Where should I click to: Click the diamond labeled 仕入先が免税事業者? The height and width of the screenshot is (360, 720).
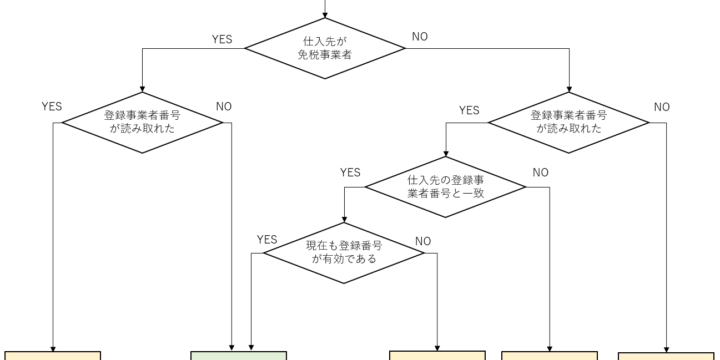(x=326, y=49)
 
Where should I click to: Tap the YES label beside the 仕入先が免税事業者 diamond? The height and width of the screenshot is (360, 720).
(x=222, y=39)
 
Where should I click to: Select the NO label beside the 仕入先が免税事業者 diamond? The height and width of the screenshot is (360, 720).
(x=421, y=39)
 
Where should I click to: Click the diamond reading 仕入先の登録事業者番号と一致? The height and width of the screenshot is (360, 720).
(x=445, y=186)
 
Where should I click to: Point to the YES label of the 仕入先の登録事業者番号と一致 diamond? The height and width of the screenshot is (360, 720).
(x=350, y=172)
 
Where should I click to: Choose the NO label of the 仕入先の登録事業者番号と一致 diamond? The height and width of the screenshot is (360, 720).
(x=540, y=172)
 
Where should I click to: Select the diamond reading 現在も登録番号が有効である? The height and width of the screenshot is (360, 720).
(x=344, y=251)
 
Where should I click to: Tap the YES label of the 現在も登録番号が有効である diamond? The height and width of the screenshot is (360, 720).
(x=267, y=239)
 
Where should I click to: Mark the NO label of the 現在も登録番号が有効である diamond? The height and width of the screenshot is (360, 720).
(x=423, y=240)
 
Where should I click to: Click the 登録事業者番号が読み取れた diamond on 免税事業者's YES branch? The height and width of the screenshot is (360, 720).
(x=142, y=122)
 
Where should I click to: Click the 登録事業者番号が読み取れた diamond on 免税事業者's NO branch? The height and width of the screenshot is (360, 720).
(x=568, y=122)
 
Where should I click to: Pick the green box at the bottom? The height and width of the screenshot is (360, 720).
(x=239, y=355)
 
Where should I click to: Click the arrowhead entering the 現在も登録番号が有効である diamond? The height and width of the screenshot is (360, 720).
(x=344, y=219)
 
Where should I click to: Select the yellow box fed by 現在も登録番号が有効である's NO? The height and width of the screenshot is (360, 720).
(x=437, y=355)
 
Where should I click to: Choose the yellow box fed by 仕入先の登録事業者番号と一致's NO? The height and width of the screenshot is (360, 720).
(x=549, y=355)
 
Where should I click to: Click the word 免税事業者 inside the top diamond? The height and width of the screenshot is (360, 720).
(x=326, y=57)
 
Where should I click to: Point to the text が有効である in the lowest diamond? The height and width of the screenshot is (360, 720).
(x=344, y=258)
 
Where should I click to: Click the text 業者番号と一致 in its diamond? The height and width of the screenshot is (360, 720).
(x=445, y=193)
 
